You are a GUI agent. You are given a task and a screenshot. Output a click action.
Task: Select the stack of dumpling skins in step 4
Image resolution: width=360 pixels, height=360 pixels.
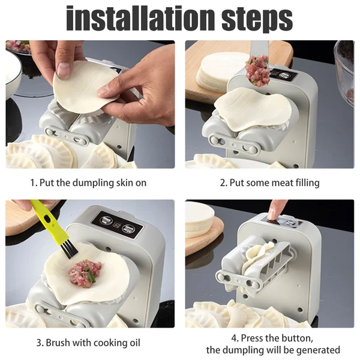coord(199,219)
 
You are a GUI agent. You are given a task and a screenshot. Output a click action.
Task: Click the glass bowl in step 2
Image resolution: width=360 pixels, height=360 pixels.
coord(344,69)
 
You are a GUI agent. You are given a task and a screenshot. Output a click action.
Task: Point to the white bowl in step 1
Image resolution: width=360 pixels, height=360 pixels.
coord(13,75)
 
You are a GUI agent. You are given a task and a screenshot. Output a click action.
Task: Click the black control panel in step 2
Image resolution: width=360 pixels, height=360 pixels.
coord(281,75)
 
